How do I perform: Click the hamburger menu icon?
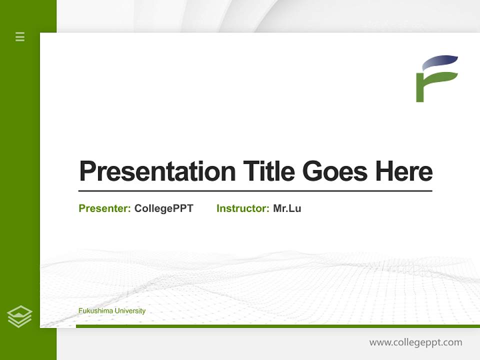pos(20,36)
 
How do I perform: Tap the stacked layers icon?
pos(19,316)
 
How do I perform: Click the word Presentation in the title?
pos(157,171)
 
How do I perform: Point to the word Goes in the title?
pos(335,171)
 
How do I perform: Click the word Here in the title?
pos(404,171)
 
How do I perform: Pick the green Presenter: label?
pos(104,208)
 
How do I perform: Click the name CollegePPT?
pos(164,208)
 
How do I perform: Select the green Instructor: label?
pos(243,208)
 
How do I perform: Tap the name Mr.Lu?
pos(287,208)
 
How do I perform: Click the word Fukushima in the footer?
pos(95,310)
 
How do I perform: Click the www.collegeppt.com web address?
pos(415,342)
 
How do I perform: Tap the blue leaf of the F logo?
pos(439,62)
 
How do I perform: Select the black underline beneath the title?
pos(255,190)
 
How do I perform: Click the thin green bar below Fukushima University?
pos(278,326)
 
